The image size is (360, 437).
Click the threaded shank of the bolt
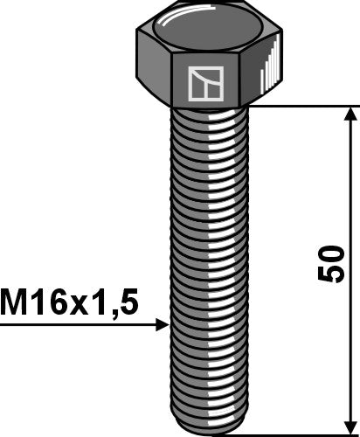point(208,262)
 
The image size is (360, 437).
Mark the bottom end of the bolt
point(208,427)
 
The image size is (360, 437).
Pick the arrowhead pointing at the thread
point(161,325)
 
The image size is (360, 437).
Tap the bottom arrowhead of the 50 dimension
point(352,425)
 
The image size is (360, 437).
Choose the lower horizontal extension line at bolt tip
point(297,433)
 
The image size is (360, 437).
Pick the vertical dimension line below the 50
point(352,358)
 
